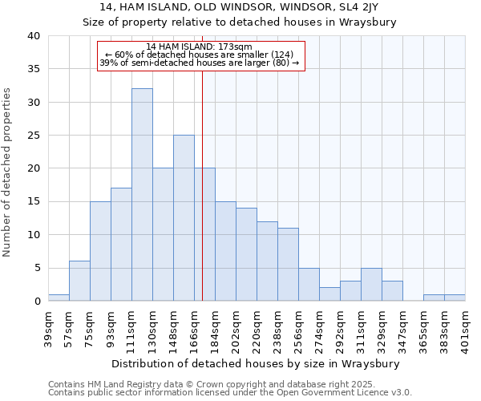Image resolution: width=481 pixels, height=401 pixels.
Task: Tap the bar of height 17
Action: (x=121, y=245)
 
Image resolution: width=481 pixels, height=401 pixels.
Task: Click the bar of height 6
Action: (x=79, y=281)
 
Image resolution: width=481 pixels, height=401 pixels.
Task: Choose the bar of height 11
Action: (x=288, y=265)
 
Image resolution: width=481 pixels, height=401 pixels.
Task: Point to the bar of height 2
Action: (x=329, y=294)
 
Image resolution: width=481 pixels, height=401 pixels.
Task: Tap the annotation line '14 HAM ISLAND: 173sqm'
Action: (x=200, y=47)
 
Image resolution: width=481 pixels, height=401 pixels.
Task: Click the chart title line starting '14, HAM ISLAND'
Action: (x=240, y=7)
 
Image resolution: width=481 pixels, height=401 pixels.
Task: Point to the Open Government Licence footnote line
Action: (x=229, y=392)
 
